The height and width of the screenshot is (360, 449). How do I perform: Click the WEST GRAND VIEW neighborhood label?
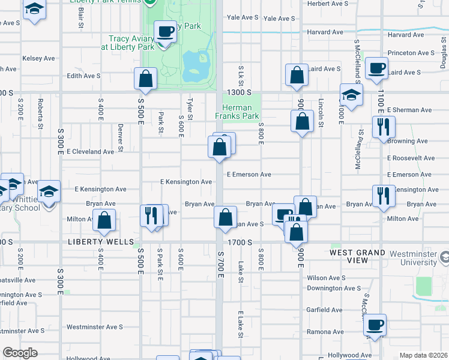357,257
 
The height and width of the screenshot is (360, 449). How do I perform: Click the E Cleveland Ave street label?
90,152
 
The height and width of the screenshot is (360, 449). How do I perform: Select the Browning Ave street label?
408,141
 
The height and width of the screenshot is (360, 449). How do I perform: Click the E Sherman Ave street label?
409,110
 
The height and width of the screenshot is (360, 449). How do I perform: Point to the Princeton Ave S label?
411,53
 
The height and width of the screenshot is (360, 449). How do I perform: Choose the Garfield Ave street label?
324,310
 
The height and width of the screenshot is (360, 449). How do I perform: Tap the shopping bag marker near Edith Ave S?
145,78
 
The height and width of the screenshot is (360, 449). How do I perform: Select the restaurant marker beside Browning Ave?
382,127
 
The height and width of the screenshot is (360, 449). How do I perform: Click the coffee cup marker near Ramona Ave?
375,325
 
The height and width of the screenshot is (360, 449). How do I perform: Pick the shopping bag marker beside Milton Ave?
104,220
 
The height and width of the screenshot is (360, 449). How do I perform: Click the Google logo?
20,353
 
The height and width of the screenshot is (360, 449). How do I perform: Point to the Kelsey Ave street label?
38,58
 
